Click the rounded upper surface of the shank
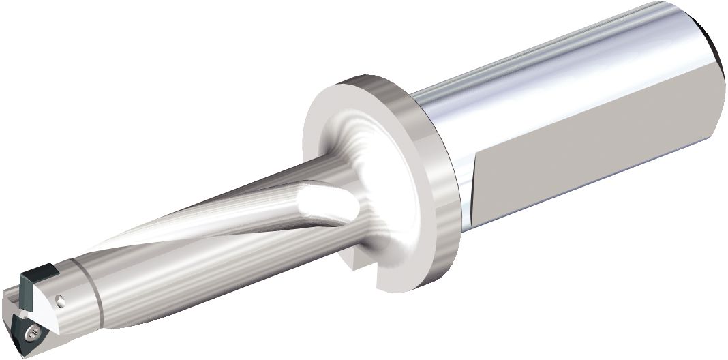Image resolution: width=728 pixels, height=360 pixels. click(545, 68)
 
